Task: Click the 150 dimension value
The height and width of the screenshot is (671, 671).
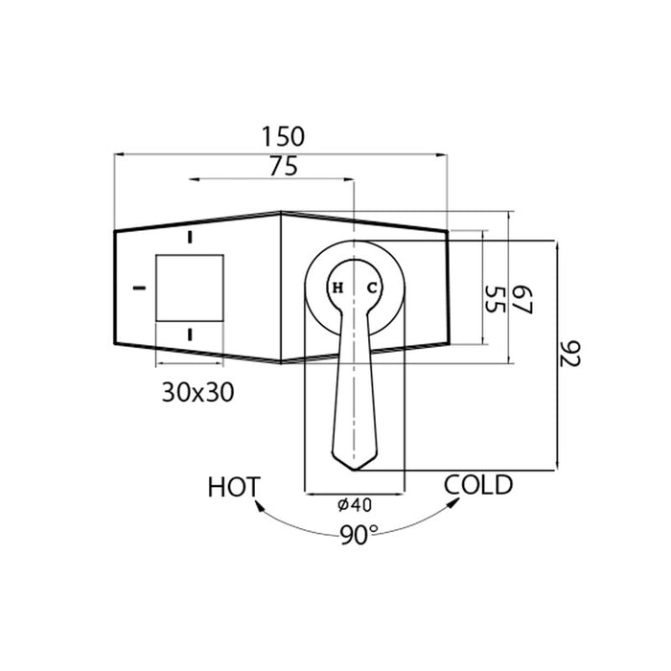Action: click(283, 136)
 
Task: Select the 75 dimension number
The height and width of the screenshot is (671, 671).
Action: click(284, 167)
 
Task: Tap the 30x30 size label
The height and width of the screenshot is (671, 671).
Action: click(198, 392)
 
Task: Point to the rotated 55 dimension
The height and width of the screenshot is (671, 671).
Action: click(496, 299)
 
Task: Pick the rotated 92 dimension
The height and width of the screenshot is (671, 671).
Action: click(570, 354)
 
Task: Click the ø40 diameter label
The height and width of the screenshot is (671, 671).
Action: click(355, 505)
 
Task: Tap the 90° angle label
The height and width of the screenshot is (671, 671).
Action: click(359, 535)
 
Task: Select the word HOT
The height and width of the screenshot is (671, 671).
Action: click(234, 487)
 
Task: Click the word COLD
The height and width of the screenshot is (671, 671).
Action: click(478, 485)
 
